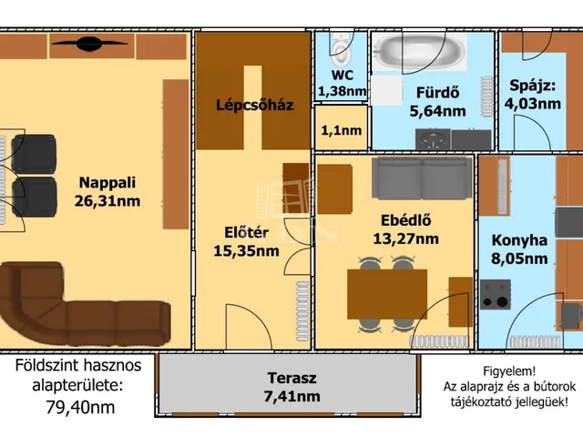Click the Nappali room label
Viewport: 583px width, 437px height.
point(107,183)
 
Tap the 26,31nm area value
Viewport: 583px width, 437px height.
point(107,201)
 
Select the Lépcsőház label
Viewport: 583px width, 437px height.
point(255,106)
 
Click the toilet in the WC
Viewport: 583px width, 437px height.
point(342,48)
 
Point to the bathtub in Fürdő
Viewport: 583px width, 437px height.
point(419,51)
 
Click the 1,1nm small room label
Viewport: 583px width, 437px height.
point(342,130)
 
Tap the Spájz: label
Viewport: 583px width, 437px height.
point(532,86)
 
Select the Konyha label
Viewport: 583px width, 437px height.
point(519,240)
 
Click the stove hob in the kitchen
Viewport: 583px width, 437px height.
point(496,295)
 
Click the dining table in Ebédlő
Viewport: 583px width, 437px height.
point(387,294)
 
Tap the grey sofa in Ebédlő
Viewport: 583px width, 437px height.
point(422,178)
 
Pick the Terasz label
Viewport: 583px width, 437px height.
point(291,379)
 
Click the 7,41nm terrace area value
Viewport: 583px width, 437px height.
point(291,397)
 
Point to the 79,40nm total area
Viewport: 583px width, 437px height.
point(80,407)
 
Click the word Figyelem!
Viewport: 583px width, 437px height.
point(509,371)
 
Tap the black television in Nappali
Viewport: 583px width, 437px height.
point(89,44)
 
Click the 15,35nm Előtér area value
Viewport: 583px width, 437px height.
point(246,251)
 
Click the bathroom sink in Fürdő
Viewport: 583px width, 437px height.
point(433,138)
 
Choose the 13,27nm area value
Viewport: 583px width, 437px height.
point(405,239)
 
